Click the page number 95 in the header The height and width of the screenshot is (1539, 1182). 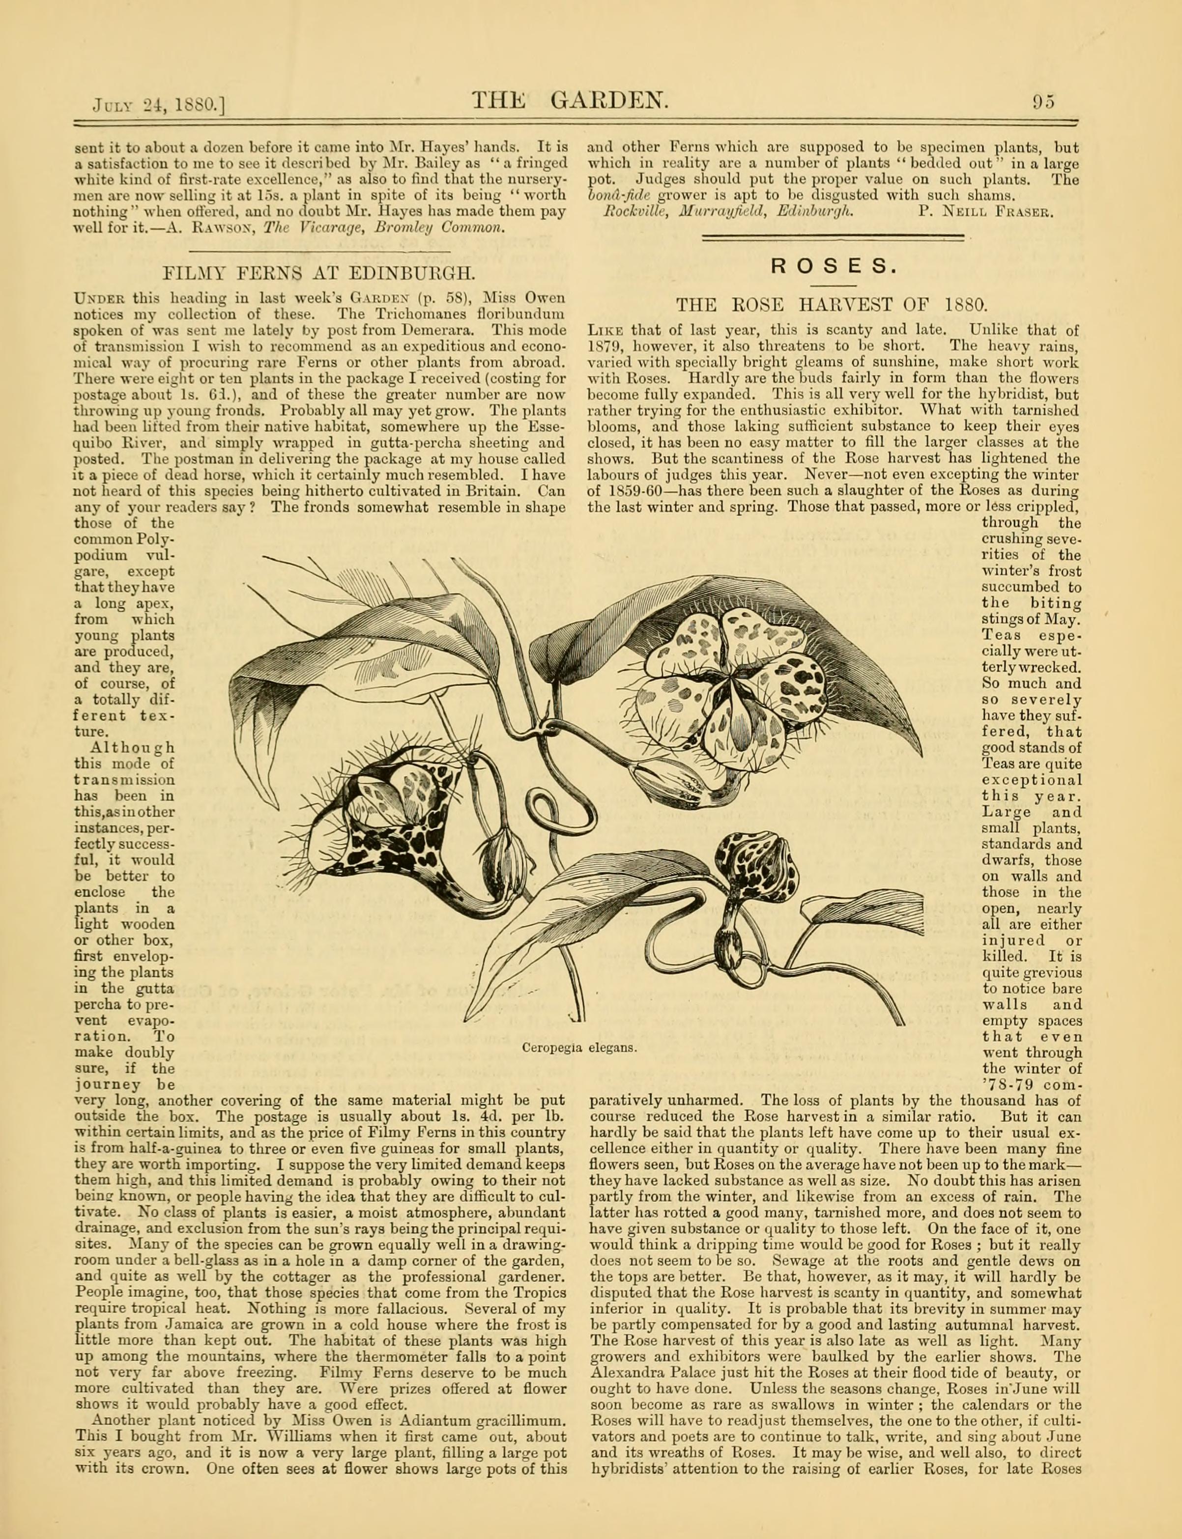click(x=1044, y=102)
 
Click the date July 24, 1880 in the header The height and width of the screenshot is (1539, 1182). click(x=158, y=105)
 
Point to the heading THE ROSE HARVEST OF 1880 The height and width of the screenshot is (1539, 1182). click(x=833, y=305)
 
